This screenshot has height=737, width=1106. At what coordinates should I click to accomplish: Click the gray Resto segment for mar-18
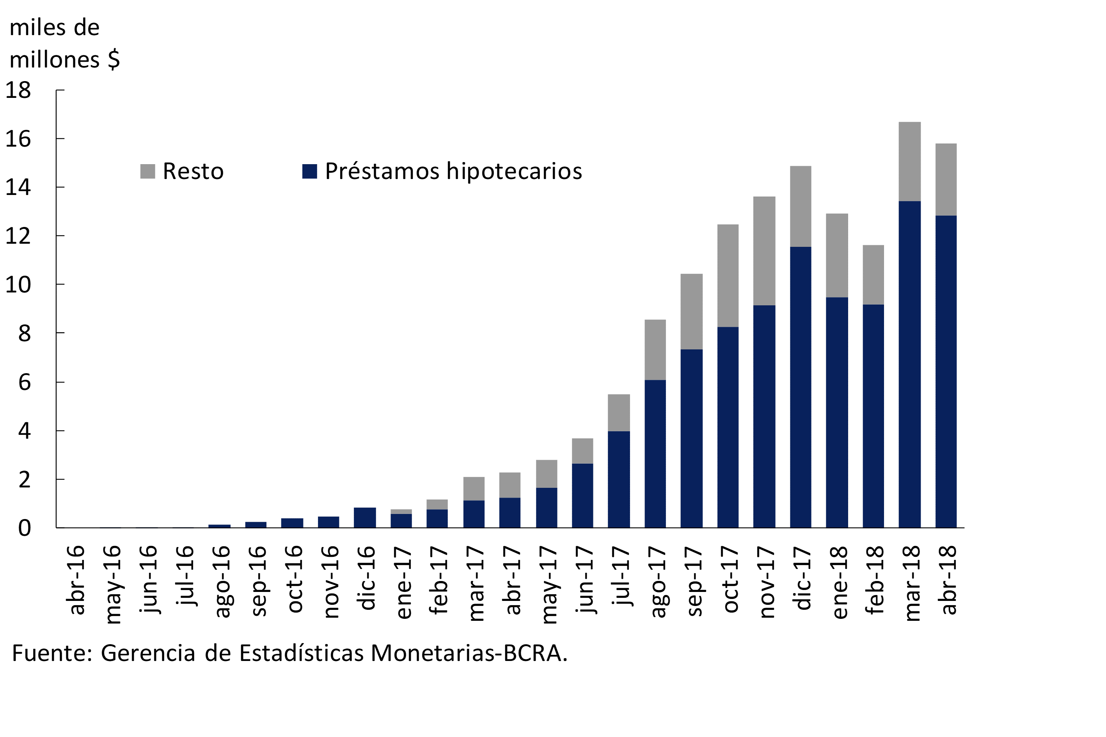tap(909, 162)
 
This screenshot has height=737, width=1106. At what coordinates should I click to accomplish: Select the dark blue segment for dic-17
tap(801, 387)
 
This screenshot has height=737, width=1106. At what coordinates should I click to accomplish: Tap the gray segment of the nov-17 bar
tap(764, 251)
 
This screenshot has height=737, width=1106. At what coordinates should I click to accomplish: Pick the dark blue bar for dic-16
tap(364, 517)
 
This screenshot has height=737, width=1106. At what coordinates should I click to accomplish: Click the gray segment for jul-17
tap(619, 413)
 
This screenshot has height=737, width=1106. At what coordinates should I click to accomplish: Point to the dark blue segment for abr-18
tap(946, 371)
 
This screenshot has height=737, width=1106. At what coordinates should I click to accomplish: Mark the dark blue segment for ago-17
tap(655, 454)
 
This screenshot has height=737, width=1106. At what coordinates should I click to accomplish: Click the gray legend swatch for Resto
tap(147, 171)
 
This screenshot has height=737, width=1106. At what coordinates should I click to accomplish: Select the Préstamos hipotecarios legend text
tap(453, 171)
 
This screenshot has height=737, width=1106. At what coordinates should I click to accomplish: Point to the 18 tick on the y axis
tap(18, 90)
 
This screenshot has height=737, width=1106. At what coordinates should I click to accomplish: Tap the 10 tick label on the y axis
tap(18, 285)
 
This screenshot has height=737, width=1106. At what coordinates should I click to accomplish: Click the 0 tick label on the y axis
tap(25, 528)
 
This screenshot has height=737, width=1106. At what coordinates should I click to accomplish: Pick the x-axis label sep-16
tap(259, 581)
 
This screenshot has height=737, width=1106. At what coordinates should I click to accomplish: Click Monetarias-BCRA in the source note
tap(469, 653)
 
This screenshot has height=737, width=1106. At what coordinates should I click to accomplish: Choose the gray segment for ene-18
tap(836, 256)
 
